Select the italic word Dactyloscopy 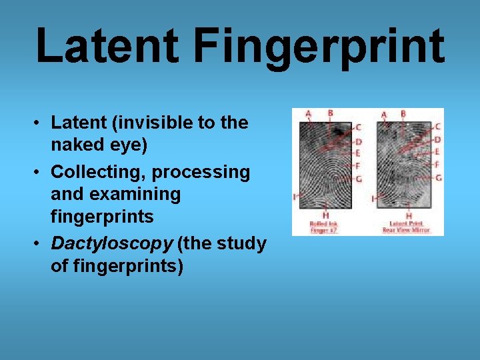(111, 243)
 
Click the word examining (115, 195)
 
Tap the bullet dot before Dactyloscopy (39, 244)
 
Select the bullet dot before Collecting (39, 173)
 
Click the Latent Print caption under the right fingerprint (406, 226)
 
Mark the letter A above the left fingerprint (308, 114)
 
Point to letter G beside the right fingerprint (438, 178)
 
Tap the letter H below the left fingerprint (325, 215)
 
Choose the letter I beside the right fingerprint (373, 199)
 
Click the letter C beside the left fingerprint (359, 127)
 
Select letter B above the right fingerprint (403, 114)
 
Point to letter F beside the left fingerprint (359, 165)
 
